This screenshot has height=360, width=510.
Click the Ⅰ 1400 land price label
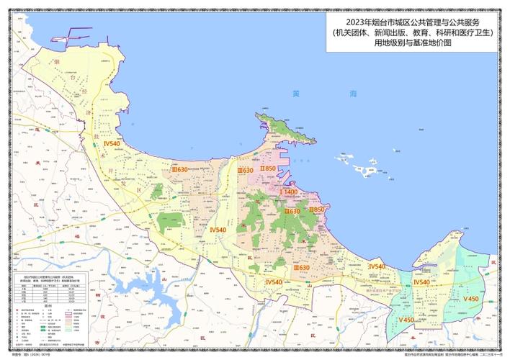tap(289, 192)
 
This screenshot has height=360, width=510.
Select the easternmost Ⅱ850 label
tap(316, 209)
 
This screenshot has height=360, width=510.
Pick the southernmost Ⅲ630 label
tap(301, 267)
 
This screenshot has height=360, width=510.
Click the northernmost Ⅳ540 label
tap(112, 144)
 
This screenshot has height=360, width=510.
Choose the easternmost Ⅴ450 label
tap(471, 298)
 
